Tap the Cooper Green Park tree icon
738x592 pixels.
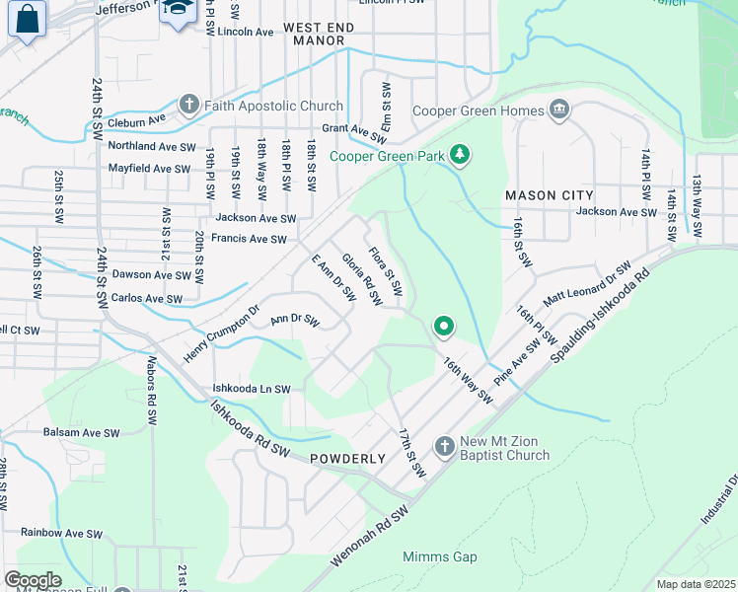(459, 155)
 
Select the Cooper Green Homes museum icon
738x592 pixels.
(559, 110)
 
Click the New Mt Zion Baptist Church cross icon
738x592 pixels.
(444, 447)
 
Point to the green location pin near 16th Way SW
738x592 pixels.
(444, 325)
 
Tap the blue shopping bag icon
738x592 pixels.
(28, 19)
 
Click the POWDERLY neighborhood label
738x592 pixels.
(347, 459)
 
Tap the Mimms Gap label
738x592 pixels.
(439, 556)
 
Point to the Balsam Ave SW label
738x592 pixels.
(82, 432)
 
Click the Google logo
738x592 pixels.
(33, 580)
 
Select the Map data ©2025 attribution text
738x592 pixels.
(695, 584)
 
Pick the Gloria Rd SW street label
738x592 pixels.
(361, 279)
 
